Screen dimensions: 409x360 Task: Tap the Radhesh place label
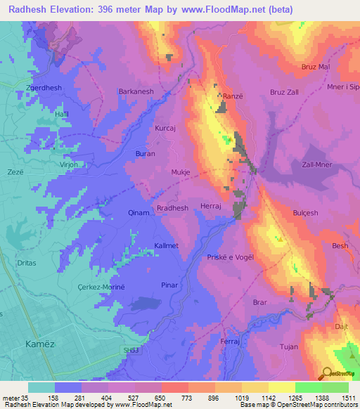172,208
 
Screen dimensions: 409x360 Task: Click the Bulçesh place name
306,212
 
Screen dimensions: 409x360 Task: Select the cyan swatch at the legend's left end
41,387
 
